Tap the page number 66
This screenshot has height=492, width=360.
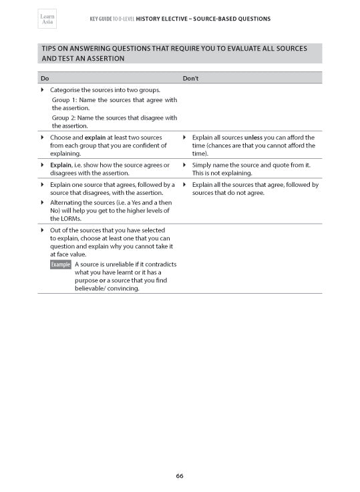tap(180, 476)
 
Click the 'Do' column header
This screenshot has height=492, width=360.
tap(45, 78)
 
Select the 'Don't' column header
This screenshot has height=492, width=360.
tap(190, 78)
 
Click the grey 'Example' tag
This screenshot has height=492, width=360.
tap(61, 264)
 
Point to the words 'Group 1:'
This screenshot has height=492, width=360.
tap(64, 100)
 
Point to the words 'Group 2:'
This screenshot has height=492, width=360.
tap(64, 117)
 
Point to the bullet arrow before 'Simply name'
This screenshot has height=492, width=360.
tap(185, 165)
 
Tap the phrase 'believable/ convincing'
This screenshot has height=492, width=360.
tap(108, 288)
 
